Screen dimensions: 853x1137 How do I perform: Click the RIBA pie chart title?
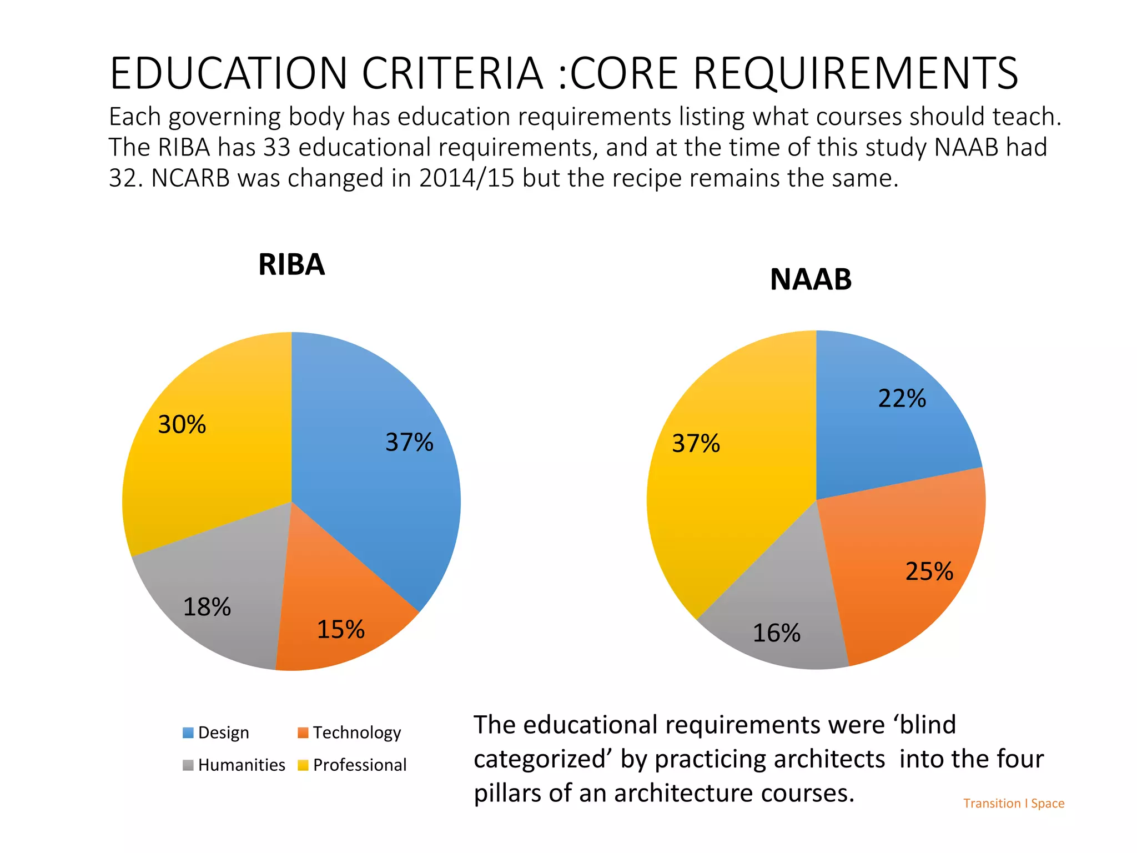click(291, 264)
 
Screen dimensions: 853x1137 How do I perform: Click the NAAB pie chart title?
click(811, 279)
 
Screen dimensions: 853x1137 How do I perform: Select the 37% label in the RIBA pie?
click(409, 443)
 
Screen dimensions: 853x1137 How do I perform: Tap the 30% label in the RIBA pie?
click(182, 425)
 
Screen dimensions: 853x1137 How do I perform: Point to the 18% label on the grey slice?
click(207, 607)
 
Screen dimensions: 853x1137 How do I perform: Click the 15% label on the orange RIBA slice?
click(340, 630)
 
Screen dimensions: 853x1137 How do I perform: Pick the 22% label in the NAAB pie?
click(902, 399)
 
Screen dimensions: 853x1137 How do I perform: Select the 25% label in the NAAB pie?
click(929, 571)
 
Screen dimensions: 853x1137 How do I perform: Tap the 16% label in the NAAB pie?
click(776, 633)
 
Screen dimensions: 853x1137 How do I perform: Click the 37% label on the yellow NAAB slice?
click(696, 444)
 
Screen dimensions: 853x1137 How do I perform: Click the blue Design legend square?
click(188, 733)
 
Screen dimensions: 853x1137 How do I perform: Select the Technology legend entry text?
click(356, 733)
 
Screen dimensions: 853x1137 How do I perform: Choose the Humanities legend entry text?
click(242, 765)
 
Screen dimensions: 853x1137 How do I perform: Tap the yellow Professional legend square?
click(303, 765)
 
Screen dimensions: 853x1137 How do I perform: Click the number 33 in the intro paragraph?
click(277, 148)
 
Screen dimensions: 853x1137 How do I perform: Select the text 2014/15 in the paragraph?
click(466, 178)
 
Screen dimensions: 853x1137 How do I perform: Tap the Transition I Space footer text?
click(1014, 804)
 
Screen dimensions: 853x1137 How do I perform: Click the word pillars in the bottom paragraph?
click(507, 794)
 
